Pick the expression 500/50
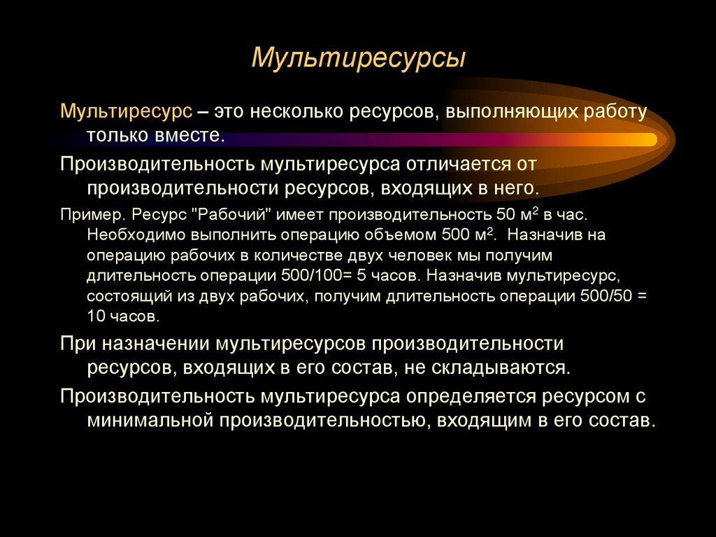point(606,295)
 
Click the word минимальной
point(150,421)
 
